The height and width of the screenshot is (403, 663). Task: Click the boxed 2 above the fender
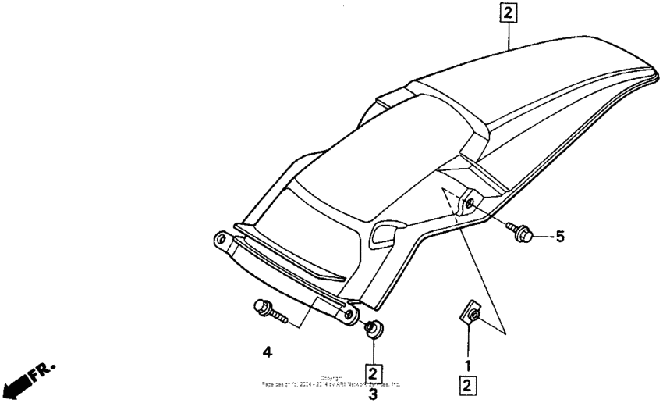pyautogui.click(x=508, y=13)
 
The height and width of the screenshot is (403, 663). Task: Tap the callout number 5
pyautogui.click(x=559, y=235)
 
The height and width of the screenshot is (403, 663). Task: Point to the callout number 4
pyautogui.click(x=268, y=353)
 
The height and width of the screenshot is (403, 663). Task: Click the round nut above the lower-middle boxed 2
pyautogui.click(x=374, y=328)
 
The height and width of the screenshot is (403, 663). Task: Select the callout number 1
pyautogui.click(x=468, y=365)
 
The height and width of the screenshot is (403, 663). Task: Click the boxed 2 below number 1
pyautogui.click(x=468, y=384)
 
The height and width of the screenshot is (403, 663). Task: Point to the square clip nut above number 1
pyautogui.click(x=470, y=314)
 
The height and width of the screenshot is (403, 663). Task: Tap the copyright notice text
pyautogui.click(x=332, y=382)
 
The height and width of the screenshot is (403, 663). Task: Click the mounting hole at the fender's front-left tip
pyautogui.click(x=221, y=238)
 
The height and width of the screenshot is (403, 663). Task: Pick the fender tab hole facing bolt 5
pyautogui.click(x=471, y=205)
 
